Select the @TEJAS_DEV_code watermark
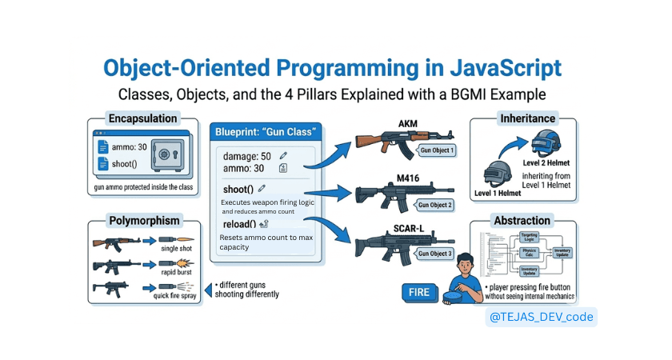(542, 317)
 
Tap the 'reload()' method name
(238, 224)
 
